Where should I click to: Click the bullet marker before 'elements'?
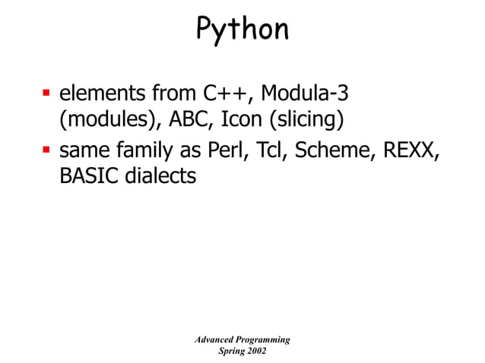pyautogui.click(x=45, y=96)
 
